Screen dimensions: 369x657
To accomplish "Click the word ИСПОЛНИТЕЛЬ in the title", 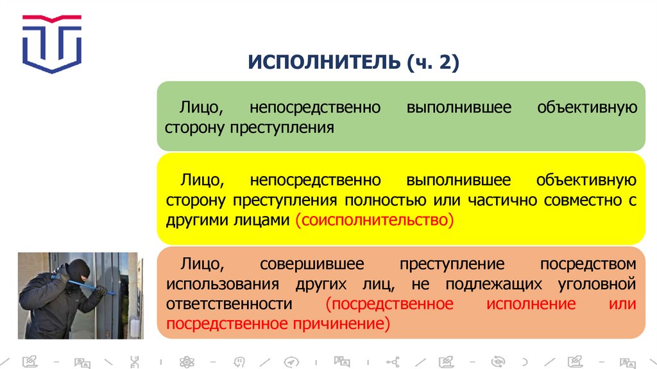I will [x=323, y=63].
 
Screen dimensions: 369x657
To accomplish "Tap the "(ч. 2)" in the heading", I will [x=432, y=63].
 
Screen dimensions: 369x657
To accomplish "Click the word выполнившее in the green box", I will [x=459, y=107].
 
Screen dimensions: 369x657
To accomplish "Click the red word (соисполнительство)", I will [x=374, y=220].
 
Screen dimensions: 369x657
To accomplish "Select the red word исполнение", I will [x=531, y=303].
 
